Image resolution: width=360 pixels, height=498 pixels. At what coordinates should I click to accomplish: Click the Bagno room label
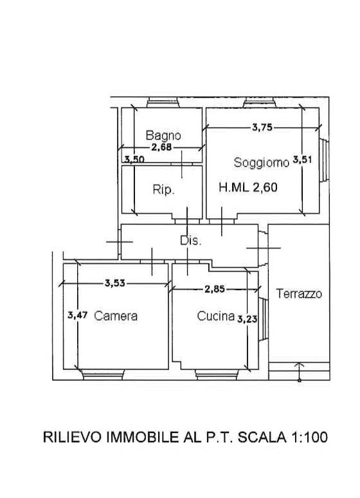pos(163,136)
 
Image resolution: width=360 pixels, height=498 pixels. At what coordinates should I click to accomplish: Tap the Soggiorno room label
pos(261,163)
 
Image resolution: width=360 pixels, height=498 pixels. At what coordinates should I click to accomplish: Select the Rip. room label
pos(163,190)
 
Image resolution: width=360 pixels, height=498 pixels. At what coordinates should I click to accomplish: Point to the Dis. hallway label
pos(191,241)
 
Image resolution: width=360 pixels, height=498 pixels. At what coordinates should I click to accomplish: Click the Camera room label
pos(116,316)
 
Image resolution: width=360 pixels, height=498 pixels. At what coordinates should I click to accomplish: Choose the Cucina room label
pos(216,316)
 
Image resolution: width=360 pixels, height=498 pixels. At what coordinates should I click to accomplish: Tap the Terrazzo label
pos(299,293)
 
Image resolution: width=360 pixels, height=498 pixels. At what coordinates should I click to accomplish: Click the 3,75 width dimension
pos(262,127)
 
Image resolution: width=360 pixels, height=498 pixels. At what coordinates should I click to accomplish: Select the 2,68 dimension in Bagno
pos(161,147)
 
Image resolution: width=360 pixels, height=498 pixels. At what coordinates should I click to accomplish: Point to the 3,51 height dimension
pos(302,160)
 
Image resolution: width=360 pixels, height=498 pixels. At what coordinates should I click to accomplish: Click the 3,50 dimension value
pos(134,159)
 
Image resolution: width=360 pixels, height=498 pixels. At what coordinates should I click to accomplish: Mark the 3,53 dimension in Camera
pos(115,282)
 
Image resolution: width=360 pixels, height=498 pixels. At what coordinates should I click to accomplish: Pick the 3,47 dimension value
pos(77,315)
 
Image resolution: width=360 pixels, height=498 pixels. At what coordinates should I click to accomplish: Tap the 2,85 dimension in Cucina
pos(215,289)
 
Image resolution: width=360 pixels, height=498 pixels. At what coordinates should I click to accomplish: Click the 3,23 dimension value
pos(248,319)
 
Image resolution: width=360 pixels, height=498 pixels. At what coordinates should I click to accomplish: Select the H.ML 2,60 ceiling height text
pos(248,187)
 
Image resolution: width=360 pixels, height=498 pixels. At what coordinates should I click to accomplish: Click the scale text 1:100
pos(309,437)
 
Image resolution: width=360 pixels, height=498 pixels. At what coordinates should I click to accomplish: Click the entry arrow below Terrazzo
pos(299,372)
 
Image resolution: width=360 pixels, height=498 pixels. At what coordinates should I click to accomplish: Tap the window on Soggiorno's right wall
pos(324,160)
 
